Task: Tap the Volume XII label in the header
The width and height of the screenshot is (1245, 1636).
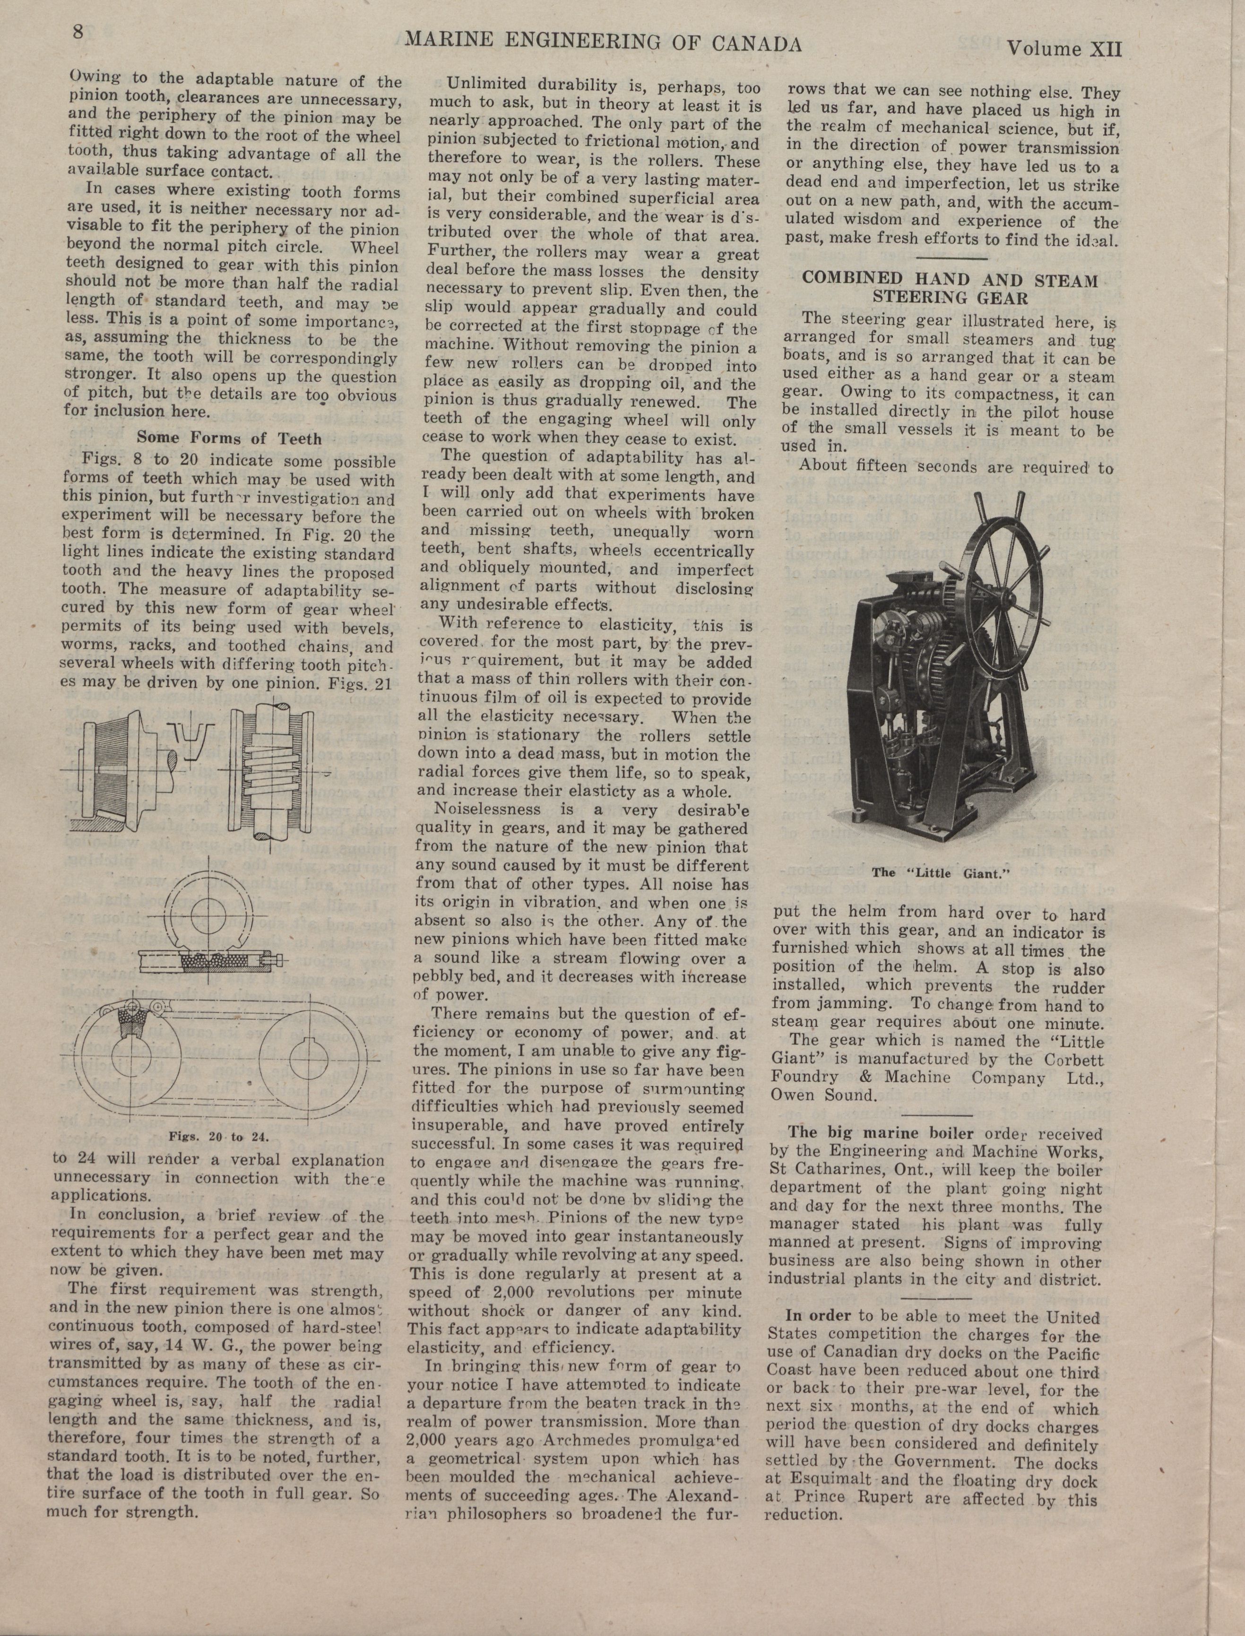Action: point(1064,50)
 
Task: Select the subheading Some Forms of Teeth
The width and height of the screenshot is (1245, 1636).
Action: point(229,438)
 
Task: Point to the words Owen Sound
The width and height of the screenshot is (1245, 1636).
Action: point(823,1094)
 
